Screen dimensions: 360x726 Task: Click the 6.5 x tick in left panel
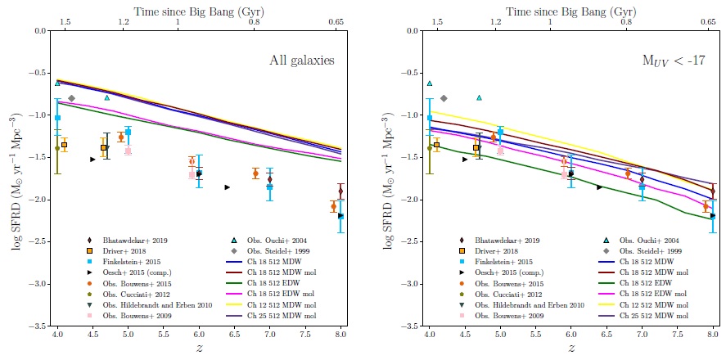[x=235, y=335]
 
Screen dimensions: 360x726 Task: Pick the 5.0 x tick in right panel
[x=500, y=335]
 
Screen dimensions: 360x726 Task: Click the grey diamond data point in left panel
[x=72, y=98]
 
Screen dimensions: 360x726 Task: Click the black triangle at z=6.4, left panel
[x=228, y=187]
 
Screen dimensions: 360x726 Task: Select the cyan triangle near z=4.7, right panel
[x=479, y=97]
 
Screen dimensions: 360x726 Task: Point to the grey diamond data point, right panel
[x=444, y=98]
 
